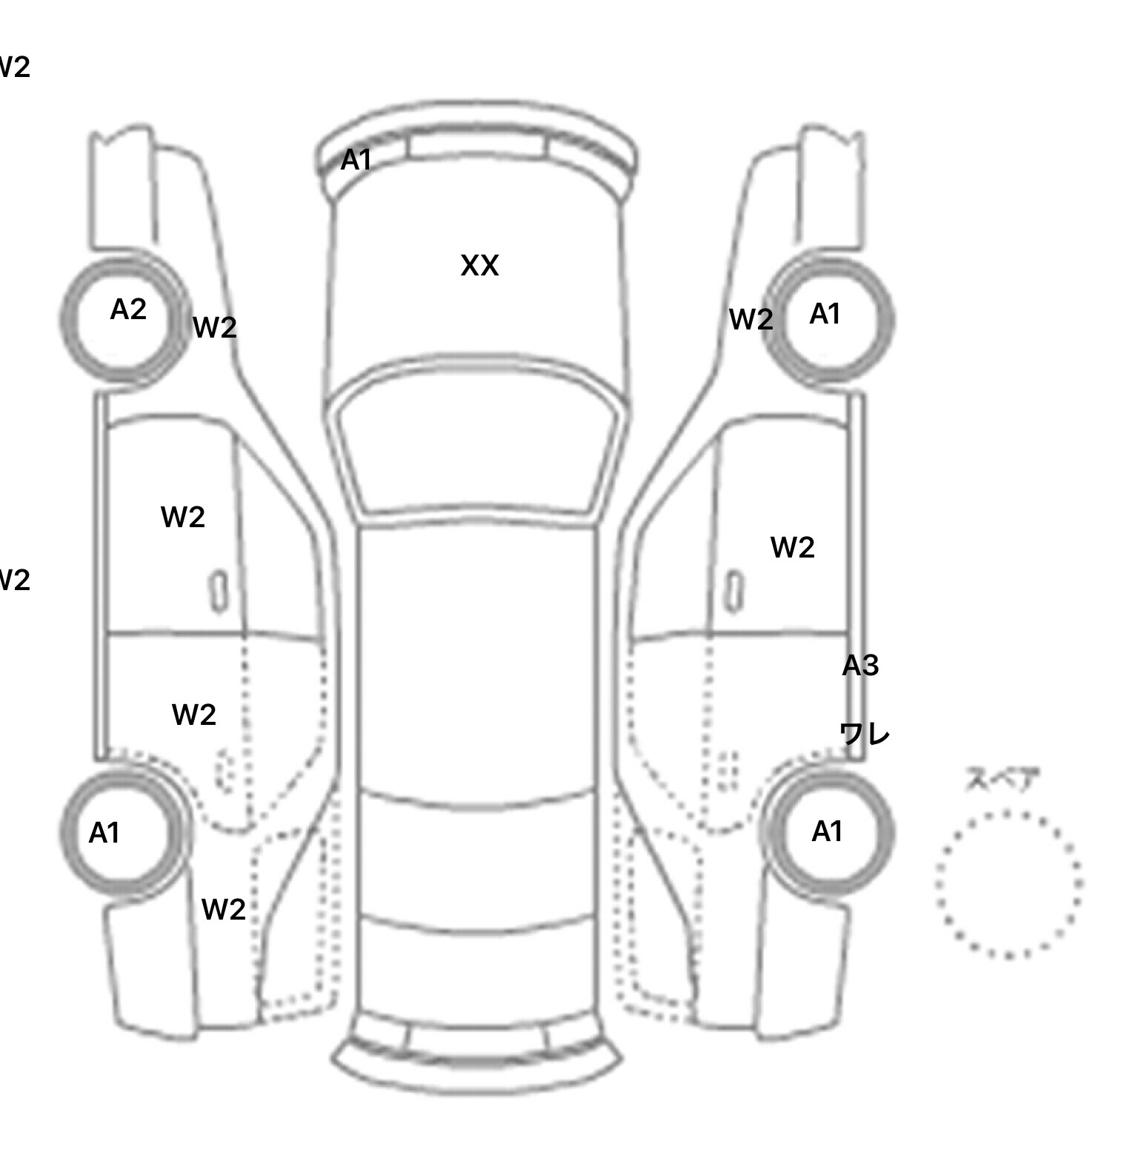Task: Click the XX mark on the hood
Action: coord(479,266)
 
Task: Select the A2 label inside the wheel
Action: coord(128,310)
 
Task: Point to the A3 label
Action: coord(860,666)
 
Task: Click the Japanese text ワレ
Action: coord(864,734)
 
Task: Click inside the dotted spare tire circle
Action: coord(1008,884)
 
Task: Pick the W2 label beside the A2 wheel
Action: coord(214,327)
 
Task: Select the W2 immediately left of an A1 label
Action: coord(751,320)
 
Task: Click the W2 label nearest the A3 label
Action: coord(792,548)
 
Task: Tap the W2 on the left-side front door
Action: coord(182,517)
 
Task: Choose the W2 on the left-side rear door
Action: coord(193,715)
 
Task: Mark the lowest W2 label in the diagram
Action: coord(223,909)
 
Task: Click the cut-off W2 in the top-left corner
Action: coord(13,67)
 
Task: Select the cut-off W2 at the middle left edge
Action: coord(13,580)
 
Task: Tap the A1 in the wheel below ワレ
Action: coord(827,832)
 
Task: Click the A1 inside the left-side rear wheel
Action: coord(104,833)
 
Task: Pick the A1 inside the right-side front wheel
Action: coord(825,315)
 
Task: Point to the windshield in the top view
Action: coord(478,444)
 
